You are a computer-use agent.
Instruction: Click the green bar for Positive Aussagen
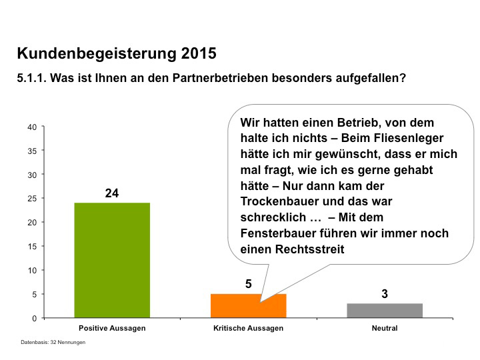(111, 260)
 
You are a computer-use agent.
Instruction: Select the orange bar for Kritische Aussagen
(248, 306)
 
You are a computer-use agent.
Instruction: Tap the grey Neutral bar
(385, 311)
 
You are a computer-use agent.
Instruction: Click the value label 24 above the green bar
(111, 193)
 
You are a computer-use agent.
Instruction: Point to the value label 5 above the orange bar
(248, 284)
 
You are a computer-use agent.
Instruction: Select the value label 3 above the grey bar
(385, 293)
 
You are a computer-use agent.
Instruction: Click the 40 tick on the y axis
(32, 127)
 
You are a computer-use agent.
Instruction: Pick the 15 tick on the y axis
(32, 246)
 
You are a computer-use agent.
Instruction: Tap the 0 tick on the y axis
(34, 318)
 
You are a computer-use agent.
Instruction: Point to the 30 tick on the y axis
(32, 175)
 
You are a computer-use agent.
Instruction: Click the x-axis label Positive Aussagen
(111, 329)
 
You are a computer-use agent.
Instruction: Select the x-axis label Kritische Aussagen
(248, 329)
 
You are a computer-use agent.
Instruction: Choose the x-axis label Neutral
(385, 329)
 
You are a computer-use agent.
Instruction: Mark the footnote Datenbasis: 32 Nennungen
(53, 342)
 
